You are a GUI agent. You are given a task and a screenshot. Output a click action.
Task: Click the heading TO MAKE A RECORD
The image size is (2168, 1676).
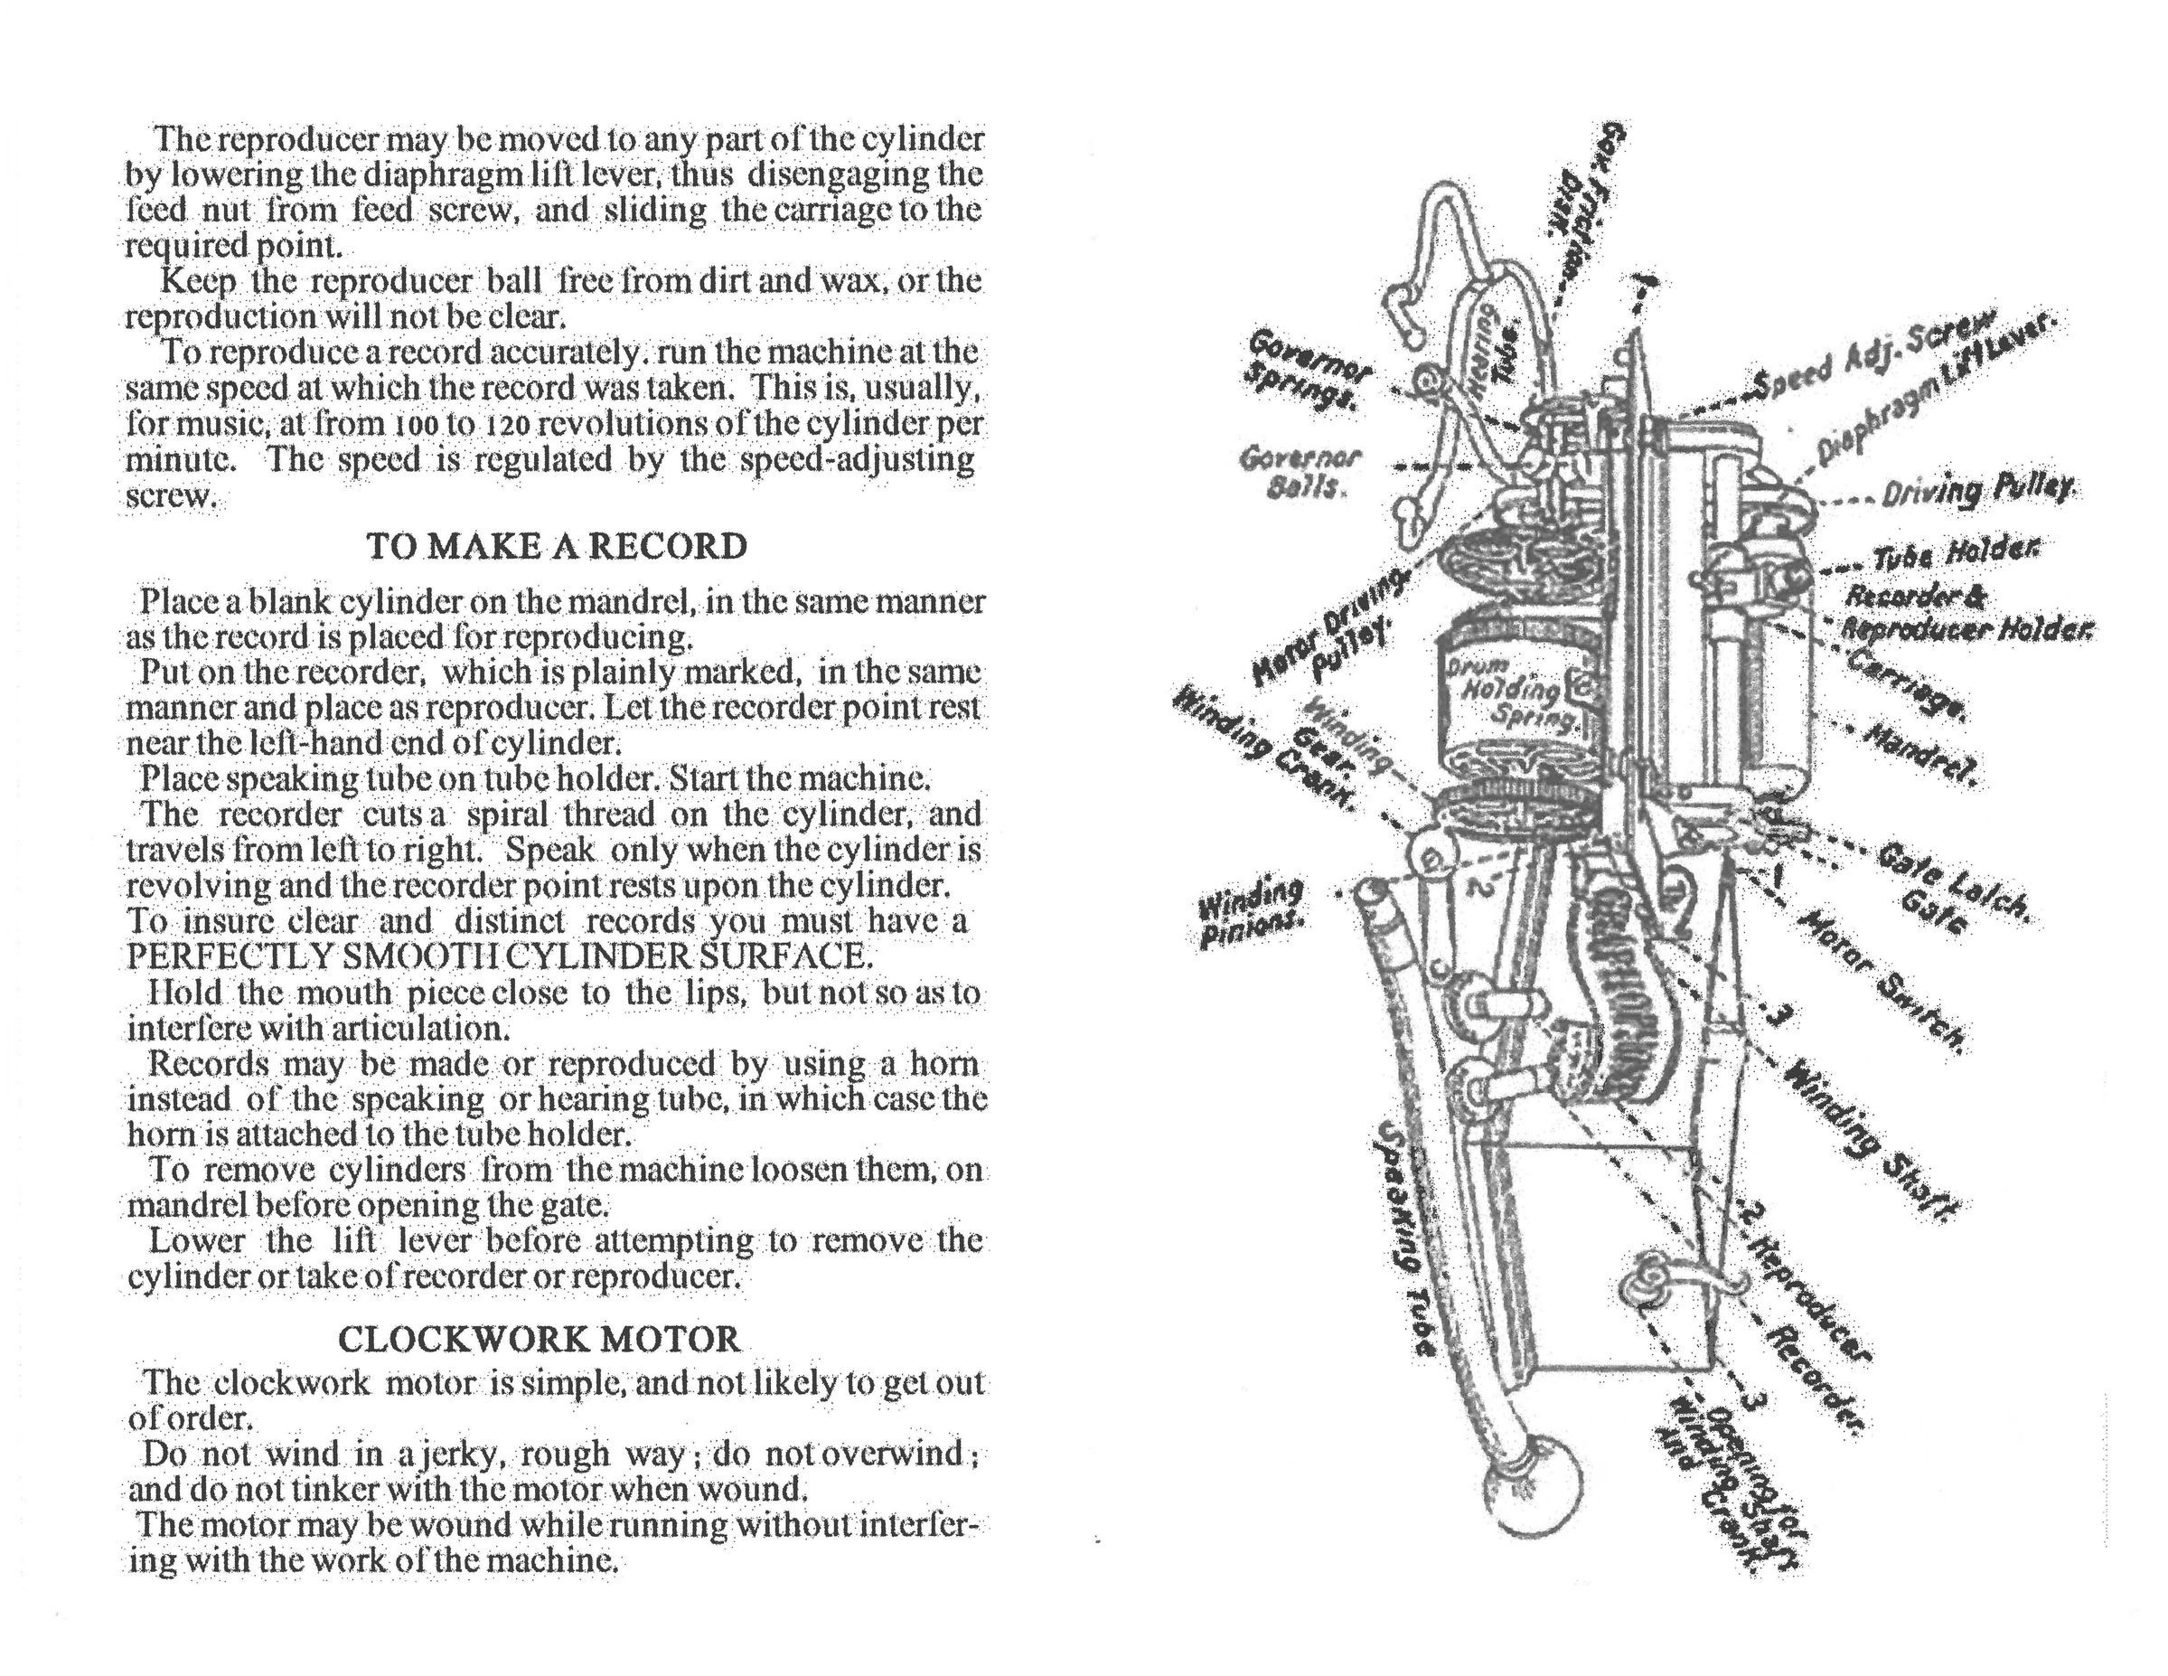[x=556, y=547]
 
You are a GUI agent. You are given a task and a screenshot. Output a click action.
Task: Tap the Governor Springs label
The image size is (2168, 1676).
[x=1309, y=370]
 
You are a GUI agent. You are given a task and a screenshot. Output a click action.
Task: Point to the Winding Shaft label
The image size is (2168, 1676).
[x=1872, y=1141]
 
